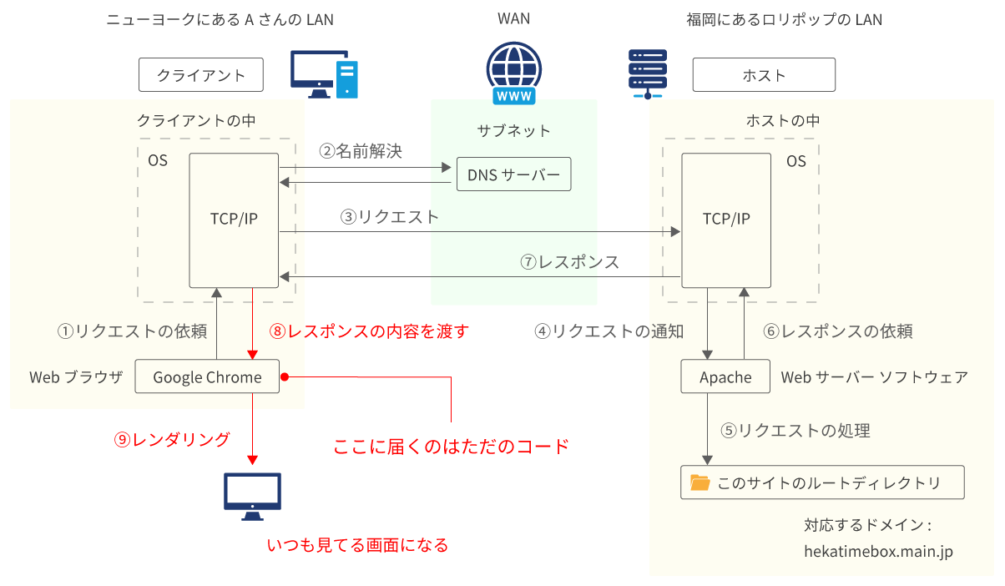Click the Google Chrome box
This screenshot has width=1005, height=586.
pos(207,377)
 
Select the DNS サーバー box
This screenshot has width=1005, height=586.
pos(513,174)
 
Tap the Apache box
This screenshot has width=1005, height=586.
pos(725,377)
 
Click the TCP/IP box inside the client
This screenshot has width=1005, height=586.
pos(234,220)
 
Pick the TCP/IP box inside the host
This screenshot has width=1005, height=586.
pos(726,220)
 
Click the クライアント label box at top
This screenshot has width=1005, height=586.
pos(201,75)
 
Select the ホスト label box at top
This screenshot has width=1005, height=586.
pos(764,75)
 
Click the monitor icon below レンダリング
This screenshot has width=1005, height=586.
pos(252,496)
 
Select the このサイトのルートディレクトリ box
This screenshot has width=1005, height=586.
pos(822,482)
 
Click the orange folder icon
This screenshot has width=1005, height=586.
pos(699,482)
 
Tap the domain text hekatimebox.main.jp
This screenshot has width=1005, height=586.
pos(878,551)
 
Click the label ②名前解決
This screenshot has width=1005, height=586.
pos(361,151)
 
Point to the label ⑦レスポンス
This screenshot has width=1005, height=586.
pos(569,262)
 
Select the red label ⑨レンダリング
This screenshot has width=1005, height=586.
pos(172,439)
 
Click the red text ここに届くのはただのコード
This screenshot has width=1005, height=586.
pos(451,446)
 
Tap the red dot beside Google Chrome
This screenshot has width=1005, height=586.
pos(285,377)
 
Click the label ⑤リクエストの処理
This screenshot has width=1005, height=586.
pos(795,431)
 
